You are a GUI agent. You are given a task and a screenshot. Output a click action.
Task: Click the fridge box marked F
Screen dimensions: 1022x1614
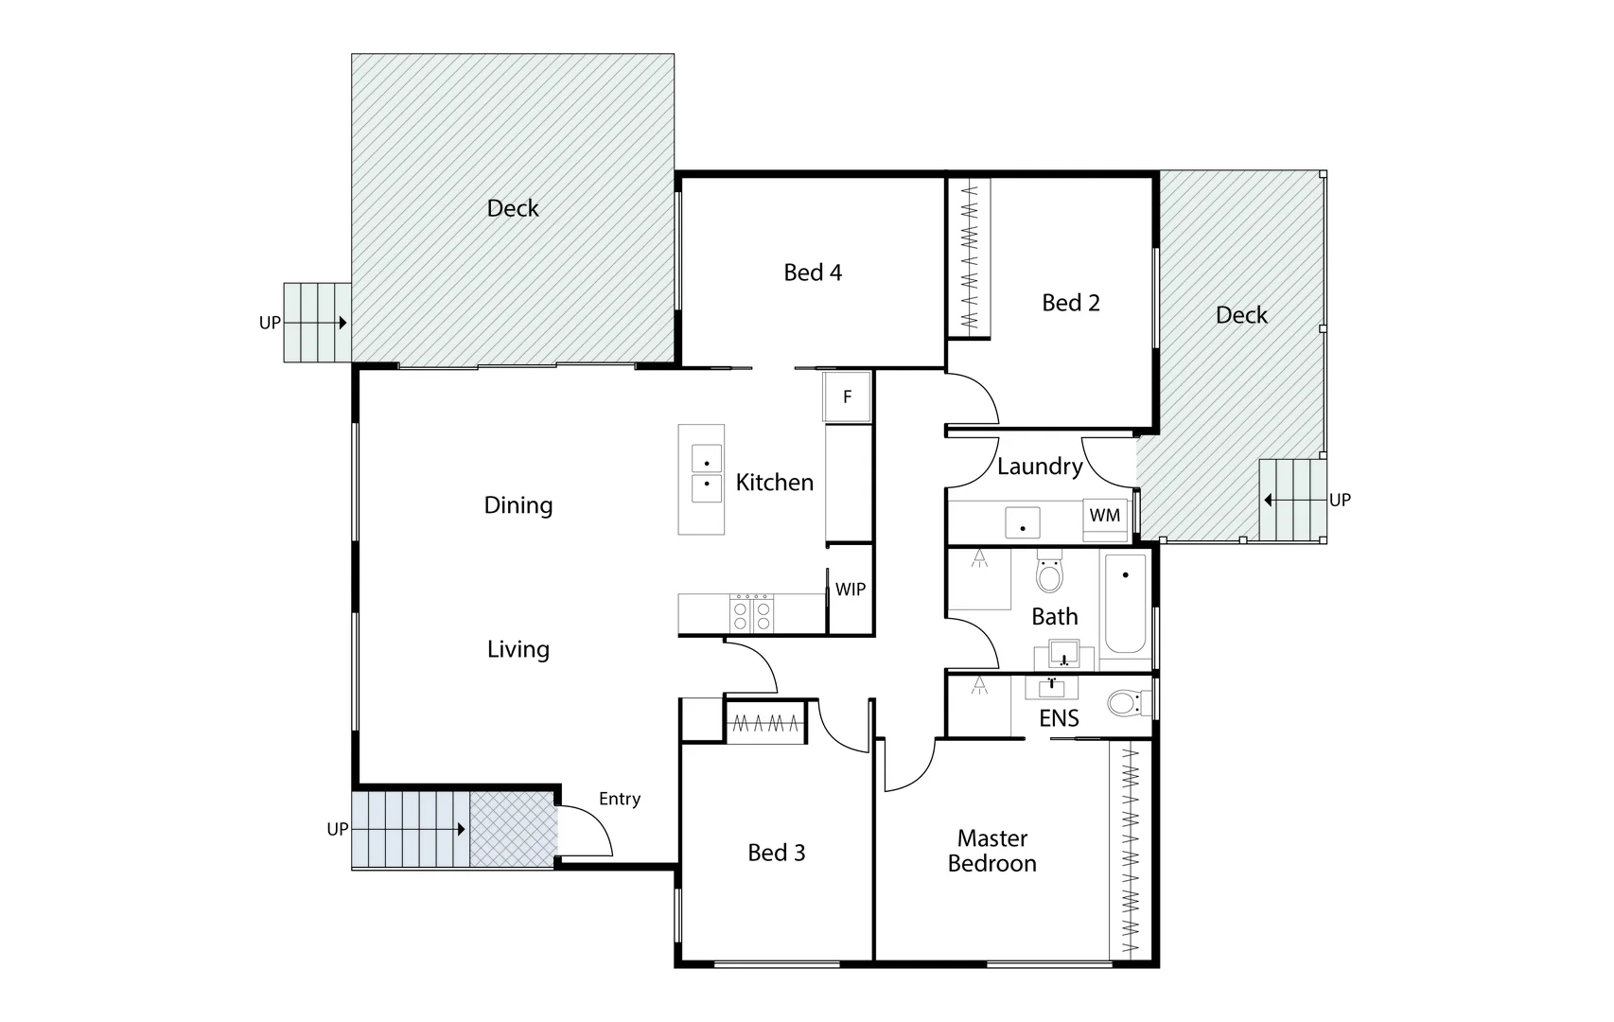pyautogui.click(x=847, y=396)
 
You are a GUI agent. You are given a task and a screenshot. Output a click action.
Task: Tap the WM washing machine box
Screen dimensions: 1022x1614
pyautogui.click(x=1105, y=516)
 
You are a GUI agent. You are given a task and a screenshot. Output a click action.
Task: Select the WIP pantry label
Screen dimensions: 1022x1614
pyautogui.click(x=850, y=590)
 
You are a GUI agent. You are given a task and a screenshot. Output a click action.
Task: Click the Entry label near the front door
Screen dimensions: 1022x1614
pyautogui.click(x=620, y=800)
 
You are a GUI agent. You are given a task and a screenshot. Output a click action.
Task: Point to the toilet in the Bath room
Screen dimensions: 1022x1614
pyautogui.click(x=1049, y=573)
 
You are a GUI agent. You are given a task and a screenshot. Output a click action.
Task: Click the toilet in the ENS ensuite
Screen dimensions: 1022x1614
pyautogui.click(x=1124, y=703)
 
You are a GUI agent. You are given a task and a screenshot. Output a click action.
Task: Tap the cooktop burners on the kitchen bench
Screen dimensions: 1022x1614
pyautogui.click(x=752, y=613)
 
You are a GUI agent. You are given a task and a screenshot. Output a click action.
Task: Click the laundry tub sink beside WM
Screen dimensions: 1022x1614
pyautogui.click(x=1023, y=522)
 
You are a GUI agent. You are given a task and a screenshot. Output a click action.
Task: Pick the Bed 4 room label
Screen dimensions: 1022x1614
pyautogui.click(x=813, y=273)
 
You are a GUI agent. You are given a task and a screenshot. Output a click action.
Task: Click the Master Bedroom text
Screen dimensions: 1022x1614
pyautogui.click(x=992, y=851)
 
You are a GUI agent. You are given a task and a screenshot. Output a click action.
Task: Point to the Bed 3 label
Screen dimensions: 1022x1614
pyautogui.click(x=777, y=854)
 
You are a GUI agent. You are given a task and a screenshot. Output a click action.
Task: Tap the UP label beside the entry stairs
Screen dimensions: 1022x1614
pyautogui.click(x=338, y=830)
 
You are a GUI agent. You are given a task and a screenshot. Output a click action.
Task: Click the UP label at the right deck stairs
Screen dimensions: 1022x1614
pyautogui.click(x=1340, y=500)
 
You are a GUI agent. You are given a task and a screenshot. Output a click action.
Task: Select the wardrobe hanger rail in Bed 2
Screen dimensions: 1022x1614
pyautogui.click(x=970, y=255)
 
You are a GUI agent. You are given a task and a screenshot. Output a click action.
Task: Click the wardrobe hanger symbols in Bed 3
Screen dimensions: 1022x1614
pyautogui.click(x=766, y=724)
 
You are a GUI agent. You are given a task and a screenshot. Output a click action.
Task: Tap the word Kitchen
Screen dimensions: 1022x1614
pyautogui.click(x=775, y=483)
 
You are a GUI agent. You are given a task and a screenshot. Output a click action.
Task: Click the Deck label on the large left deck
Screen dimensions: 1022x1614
pyautogui.click(x=513, y=209)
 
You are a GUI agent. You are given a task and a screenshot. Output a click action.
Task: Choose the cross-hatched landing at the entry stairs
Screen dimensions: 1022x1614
pyautogui.click(x=512, y=830)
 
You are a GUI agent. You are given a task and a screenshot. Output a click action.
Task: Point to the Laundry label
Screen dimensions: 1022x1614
pyautogui.click(x=1040, y=467)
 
